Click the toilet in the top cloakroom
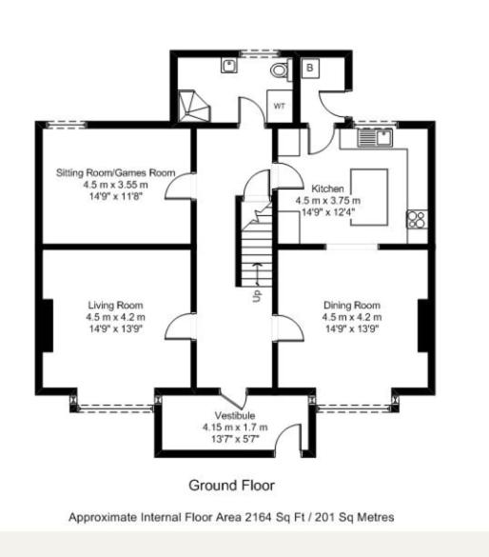pos(281,70)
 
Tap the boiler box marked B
pos(310,68)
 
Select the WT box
pos(280,106)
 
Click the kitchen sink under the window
pos(375,137)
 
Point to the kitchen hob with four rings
pos(417,219)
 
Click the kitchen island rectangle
pos(369,197)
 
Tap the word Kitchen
pos(327,189)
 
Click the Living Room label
pos(116,305)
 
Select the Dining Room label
pos(352,305)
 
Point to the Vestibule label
pos(235,415)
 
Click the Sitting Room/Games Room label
pos(116,172)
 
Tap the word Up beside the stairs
pos(257,295)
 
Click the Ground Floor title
pos(232,486)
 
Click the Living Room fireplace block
pos(48,326)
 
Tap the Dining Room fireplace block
pos(423,326)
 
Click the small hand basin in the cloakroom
pos(229,66)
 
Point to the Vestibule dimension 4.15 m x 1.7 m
pos(235,428)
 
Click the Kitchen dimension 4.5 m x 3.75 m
pos(328,201)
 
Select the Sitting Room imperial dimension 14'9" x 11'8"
pos(116,196)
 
